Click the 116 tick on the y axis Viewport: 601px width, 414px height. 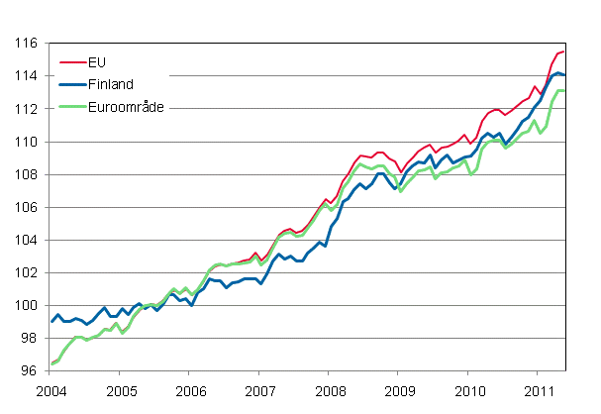click(x=25, y=44)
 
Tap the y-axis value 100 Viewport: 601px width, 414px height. click(x=25, y=306)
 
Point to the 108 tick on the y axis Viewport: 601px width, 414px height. click(x=25, y=175)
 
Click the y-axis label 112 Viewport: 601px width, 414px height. click(x=25, y=109)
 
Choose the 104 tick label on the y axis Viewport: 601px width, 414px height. click(x=25, y=241)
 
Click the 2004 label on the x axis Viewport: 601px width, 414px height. click(x=51, y=390)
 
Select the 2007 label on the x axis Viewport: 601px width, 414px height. click(x=259, y=390)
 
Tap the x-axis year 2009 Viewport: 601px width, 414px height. click(x=398, y=390)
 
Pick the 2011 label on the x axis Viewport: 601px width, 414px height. click(x=537, y=390)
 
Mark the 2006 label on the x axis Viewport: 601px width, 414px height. click(x=190, y=390)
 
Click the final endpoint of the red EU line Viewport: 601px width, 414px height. click(x=564, y=52)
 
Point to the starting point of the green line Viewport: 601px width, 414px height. click(x=51, y=363)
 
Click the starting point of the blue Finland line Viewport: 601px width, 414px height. click(x=51, y=322)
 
